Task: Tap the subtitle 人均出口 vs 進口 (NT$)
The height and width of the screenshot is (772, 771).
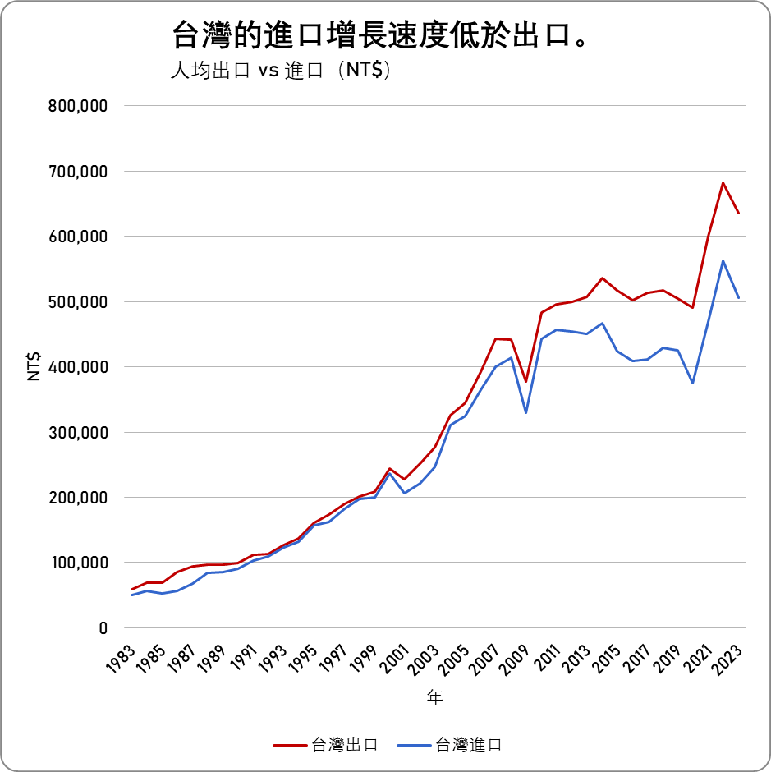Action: coord(280,71)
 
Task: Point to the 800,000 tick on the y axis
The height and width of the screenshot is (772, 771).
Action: coord(79,106)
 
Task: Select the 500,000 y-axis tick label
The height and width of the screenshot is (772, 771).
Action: coord(79,301)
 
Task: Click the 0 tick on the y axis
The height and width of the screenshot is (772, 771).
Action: coord(103,628)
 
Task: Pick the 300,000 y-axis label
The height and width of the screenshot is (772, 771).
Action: coord(79,432)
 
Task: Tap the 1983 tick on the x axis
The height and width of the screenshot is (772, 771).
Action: coord(121,659)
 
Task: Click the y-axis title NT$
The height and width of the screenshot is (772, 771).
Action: coord(34,366)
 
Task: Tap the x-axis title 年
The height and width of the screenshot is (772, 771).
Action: coord(434,698)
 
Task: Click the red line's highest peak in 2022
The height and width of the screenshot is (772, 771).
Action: coord(723,182)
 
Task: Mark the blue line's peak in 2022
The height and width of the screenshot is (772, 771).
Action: coord(723,260)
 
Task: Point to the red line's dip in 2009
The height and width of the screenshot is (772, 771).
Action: coord(526,382)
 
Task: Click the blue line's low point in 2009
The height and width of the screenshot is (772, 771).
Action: coord(526,412)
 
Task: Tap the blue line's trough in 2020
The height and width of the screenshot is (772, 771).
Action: coord(693,384)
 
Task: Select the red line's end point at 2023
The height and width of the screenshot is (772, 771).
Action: coord(739,214)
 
